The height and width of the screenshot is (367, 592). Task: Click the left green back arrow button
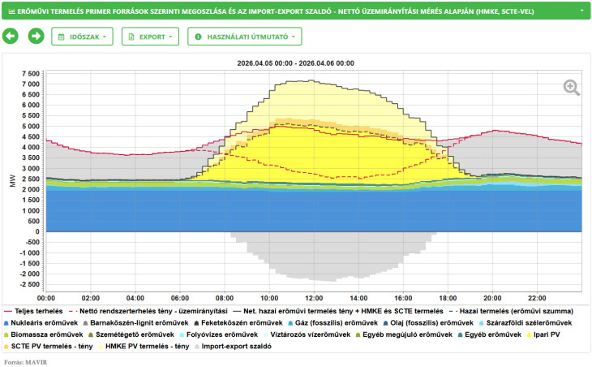(11, 37)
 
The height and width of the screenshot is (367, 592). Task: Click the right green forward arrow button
(36, 37)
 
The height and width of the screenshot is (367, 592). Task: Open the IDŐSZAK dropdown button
(82, 37)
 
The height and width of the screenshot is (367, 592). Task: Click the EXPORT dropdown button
(150, 37)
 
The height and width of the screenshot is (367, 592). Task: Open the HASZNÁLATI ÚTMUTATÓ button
(245, 37)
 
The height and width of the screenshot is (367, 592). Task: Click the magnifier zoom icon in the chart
(572, 88)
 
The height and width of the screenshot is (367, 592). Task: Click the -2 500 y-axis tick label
(29, 284)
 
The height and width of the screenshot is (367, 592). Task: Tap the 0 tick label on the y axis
(37, 231)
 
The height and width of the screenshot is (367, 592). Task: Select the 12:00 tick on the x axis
(314, 298)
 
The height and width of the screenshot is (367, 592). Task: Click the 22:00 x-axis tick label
(537, 298)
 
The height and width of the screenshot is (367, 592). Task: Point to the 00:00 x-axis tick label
(46, 298)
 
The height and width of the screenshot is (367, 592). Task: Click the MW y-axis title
(13, 180)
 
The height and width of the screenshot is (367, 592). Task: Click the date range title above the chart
(296, 63)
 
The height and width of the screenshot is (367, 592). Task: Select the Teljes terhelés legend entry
(33, 311)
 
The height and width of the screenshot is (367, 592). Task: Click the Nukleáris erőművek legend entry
(41, 323)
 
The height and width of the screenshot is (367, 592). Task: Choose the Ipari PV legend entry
(543, 335)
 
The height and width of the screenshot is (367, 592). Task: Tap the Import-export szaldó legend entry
(233, 346)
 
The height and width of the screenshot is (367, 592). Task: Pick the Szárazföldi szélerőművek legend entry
(526, 323)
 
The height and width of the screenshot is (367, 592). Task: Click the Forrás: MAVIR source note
(26, 362)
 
